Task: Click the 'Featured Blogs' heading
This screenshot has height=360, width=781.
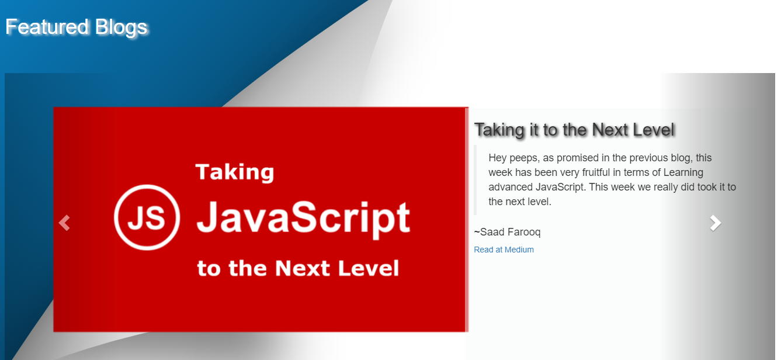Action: point(77,27)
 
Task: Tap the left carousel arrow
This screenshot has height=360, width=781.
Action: point(64,223)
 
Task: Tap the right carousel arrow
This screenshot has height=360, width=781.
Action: point(715,223)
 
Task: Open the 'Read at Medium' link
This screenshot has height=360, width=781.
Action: point(504,250)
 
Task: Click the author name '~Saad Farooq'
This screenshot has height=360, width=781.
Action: point(507,232)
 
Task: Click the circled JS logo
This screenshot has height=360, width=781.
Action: point(147,217)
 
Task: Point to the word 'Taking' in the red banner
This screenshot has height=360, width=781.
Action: point(235,172)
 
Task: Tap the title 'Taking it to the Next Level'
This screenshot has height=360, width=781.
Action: point(575,130)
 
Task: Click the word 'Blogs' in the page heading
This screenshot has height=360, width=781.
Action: point(121,28)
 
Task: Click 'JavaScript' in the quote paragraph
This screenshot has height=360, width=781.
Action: point(560,188)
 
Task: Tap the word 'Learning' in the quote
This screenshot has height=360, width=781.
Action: point(683,172)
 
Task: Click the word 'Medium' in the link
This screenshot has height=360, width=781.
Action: point(519,250)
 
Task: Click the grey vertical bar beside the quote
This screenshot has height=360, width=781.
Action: point(475,180)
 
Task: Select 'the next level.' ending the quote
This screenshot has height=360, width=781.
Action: point(519,202)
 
